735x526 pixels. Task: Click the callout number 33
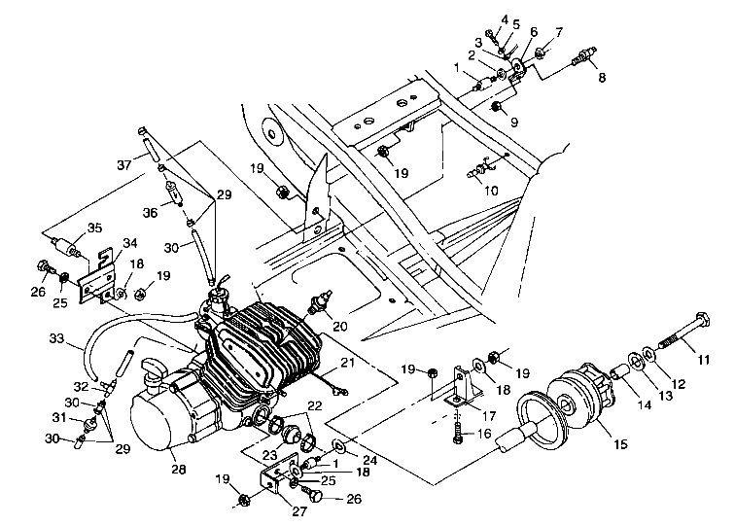(52, 338)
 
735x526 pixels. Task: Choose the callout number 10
(490, 191)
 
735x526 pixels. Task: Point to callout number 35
(93, 229)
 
